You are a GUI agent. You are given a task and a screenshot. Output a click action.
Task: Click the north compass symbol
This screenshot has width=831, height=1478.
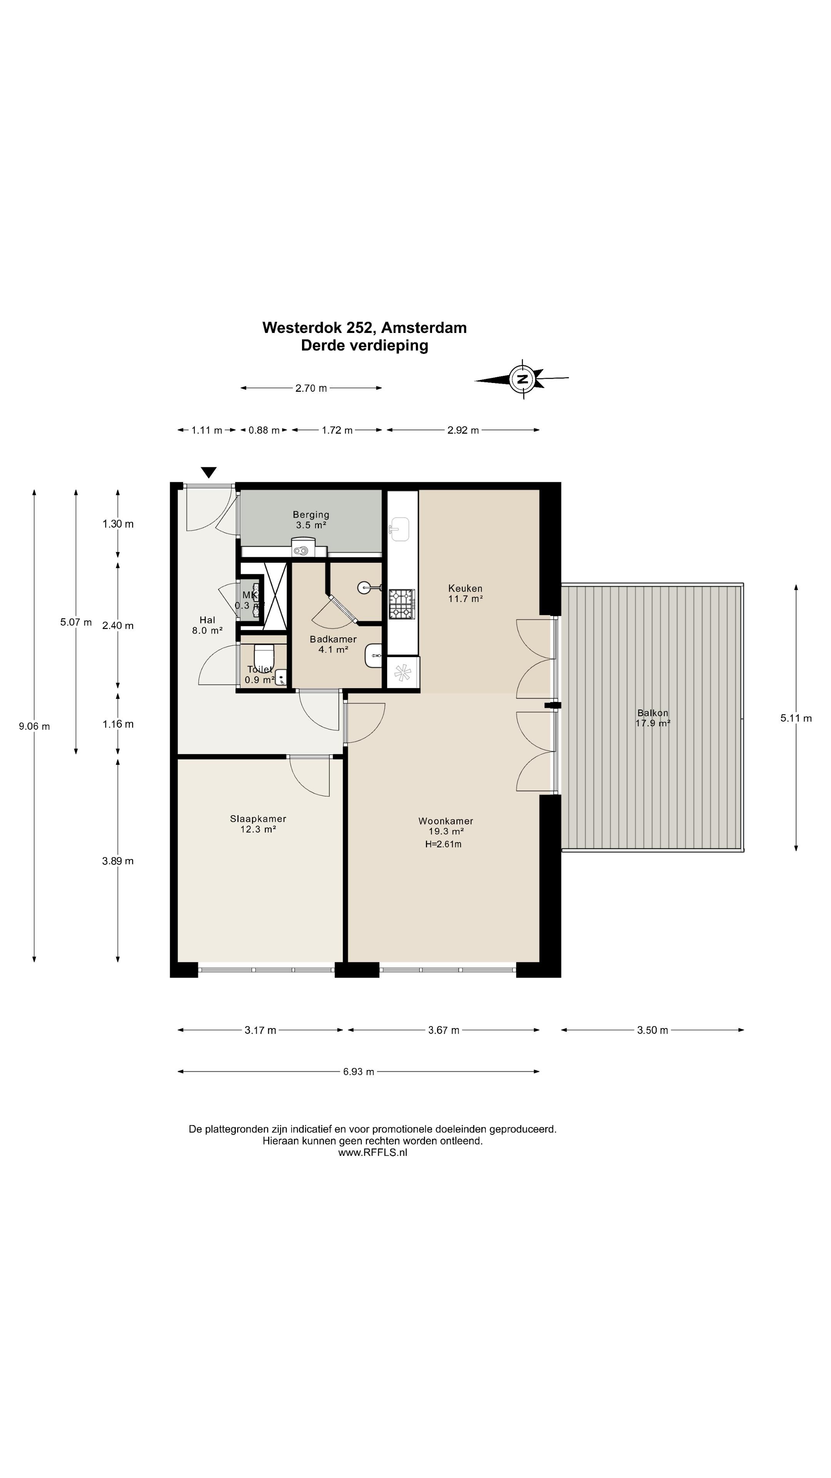[x=522, y=379]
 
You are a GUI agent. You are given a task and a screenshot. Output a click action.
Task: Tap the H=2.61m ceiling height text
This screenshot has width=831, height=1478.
[x=443, y=844]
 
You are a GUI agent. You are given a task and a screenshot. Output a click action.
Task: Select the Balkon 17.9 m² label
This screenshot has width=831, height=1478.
[x=652, y=718]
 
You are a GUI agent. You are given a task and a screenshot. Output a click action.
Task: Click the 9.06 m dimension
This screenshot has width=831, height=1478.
[x=34, y=726]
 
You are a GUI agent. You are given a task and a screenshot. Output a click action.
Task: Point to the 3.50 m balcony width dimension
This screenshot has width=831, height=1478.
[x=652, y=1030]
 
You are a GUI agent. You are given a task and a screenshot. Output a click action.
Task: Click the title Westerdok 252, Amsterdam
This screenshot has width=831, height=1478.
[x=365, y=328]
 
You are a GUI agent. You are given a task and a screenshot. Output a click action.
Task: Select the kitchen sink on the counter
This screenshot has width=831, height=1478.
[x=400, y=529]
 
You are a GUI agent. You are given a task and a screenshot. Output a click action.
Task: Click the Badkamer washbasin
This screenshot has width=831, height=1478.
[x=373, y=655]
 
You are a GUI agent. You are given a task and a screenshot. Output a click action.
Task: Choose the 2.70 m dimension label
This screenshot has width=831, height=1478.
[x=311, y=388]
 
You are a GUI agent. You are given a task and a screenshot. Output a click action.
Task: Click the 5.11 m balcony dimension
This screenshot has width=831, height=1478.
[x=796, y=718]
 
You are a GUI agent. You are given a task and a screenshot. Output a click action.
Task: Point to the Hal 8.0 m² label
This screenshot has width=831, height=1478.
[x=207, y=625]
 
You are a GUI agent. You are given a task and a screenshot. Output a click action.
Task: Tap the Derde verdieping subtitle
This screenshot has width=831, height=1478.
[x=365, y=345]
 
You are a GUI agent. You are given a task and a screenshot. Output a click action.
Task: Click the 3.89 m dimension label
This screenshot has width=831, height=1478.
[x=118, y=861]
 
